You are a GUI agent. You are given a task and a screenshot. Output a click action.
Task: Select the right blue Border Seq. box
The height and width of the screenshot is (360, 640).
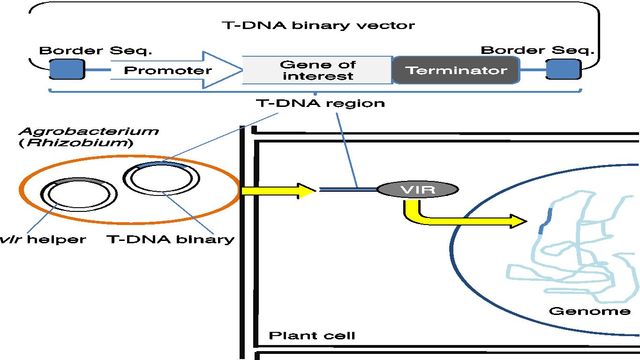pyautogui.click(x=562, y=70)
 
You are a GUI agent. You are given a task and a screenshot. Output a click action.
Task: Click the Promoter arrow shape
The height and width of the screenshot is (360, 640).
pyautogui.click(x=176, y=71)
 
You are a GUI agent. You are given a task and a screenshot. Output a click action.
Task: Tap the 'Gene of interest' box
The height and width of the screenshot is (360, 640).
pyautogui.click(x=317, y=71)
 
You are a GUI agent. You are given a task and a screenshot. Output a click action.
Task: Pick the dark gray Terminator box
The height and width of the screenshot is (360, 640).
pyautogui.click(x=455, y=71)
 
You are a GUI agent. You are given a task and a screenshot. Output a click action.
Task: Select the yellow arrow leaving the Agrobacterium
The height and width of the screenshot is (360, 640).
pyautogui.click(x=271, y=189)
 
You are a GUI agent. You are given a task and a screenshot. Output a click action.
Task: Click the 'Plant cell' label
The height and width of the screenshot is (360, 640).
pyautogui.click(x=305, y=335)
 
